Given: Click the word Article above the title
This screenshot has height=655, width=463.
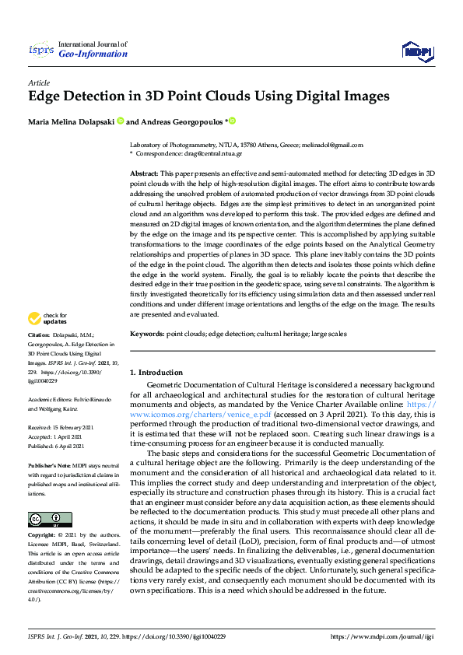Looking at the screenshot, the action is point(38,82).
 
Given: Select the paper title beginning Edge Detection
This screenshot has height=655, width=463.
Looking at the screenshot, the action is point(208,97).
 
